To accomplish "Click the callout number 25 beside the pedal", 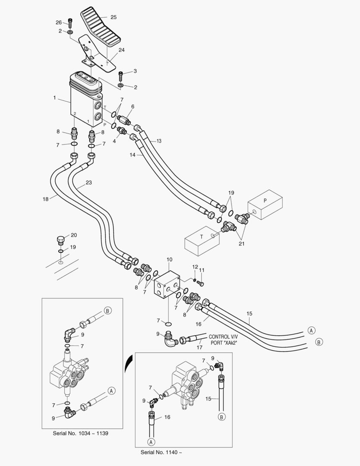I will coord(113,17).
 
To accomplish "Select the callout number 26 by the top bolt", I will coord(59,22).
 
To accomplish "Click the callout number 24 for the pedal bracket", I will coord(122,50).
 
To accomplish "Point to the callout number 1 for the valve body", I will coord(55,98).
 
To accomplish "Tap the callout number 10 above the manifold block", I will coord(169,260).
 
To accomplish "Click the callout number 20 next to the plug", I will coord(74,235).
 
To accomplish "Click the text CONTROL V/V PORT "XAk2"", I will coord(223,340).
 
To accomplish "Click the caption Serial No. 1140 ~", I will coord(161,452).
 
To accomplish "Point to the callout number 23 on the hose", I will coord(89,183).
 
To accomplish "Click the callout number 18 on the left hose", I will coord(46,199).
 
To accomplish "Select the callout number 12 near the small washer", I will coord(195,267).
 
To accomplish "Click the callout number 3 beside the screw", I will coord(135,71).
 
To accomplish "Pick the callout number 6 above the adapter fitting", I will coord(133,107).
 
